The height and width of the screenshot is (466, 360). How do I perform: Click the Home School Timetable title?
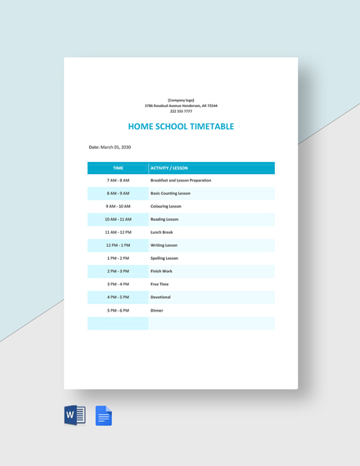point(181,127)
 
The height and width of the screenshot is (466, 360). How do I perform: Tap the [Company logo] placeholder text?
point(181,100)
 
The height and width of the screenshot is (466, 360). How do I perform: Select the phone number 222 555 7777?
point(181,111)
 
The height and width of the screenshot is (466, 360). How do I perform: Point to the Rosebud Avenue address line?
point(181,105)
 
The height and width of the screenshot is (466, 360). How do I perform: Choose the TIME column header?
point(118,168)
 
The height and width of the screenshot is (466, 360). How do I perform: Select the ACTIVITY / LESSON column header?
point(169,168)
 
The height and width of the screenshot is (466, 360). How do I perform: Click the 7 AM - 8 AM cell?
point(118,180)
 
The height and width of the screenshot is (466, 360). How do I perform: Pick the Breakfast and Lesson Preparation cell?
point(181,180)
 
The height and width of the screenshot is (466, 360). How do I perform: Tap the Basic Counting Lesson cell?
point(170,193)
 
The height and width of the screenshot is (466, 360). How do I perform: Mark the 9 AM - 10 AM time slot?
point(118,206)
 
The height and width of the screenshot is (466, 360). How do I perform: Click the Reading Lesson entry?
point(164,219)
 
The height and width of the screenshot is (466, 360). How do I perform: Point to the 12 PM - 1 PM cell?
point(118,245)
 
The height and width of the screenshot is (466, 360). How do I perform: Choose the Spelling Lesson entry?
point(164,258)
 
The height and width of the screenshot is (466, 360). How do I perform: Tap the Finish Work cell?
point(161,271)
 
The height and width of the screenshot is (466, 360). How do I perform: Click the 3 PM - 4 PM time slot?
point(118,285)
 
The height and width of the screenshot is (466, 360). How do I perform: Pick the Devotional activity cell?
point(160,298)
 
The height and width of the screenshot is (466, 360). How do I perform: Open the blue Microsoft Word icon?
point(74,415)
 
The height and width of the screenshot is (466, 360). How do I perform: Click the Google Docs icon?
point(104,415)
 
